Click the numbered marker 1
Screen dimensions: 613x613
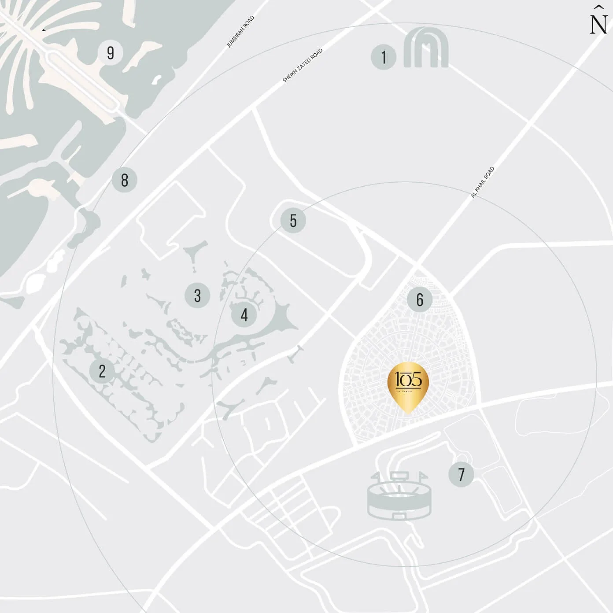coord(384,57)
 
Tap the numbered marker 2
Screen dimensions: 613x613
coord(102,371)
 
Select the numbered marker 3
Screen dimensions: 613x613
coord(197,295)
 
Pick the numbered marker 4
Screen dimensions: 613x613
coord(244,314)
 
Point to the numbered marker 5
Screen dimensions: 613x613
coord(293,220)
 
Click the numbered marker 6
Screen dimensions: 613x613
coord(420,299)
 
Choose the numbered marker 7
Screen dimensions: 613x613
coord(461,474)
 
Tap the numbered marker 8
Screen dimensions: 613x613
coord(125,180)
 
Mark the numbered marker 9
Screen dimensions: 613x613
coord(110,52)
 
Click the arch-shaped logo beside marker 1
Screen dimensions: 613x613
coord(426,48)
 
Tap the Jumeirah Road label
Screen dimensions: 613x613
coord(240,32)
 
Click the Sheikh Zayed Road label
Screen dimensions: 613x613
coord(303,65)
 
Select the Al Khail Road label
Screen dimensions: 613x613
coord(483,182)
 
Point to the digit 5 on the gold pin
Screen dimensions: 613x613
coord(415,379)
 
